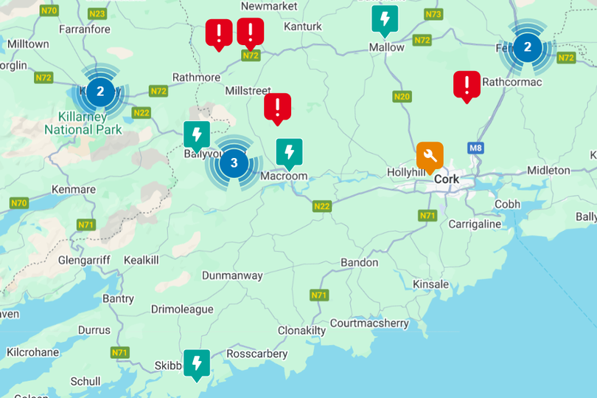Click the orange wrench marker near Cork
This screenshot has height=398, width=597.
click(x=430, y=156)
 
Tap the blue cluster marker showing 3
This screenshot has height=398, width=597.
click(x=234, y=163)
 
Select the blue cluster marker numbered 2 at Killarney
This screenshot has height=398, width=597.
click(x=101, y=93)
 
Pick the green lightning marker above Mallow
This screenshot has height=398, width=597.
click(x=385, y=19)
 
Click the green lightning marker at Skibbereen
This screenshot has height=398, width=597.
click(x=197, y=363)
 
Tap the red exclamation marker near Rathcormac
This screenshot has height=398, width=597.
click(x=467, y=84)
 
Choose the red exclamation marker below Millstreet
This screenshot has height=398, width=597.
click(x=278, y=107)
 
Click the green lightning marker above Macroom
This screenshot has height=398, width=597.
click(x=289, y=153)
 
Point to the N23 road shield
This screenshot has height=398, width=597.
click(x=97, y=14)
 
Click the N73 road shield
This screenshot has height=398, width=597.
click(x=433, y=14)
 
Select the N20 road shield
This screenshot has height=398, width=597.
click(x=402, y=97)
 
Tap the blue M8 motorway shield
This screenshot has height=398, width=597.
click(x=476, y=148)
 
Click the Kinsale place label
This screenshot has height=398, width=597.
click(x=430, y=284)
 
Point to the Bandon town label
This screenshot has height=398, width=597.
click(x=360, y=262)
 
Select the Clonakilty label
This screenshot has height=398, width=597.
click(x=301, y=330)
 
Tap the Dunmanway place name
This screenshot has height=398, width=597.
click(x=232, y=275)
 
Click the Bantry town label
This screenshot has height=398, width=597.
click(x=118, y=298)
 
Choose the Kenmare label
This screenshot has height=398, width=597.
click(x=74, y=189)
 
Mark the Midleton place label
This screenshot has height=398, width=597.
click(x=548, y=170)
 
